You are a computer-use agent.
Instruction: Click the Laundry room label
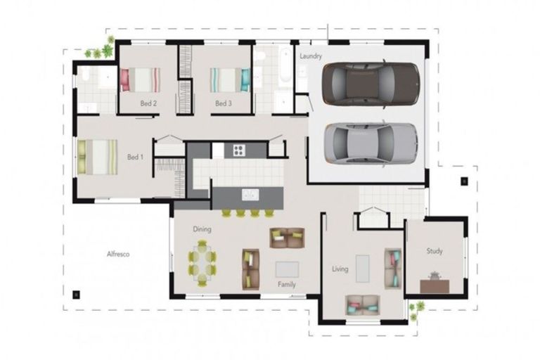pos(311,56)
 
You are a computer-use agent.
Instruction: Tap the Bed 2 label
pos(148,103)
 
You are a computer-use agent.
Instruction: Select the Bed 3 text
pos(223,103)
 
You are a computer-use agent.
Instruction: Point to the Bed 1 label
pos(135,157)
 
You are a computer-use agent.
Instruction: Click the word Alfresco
pos(118,255)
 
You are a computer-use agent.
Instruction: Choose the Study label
pos(435,251)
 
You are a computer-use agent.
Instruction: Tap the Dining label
pos(202,229)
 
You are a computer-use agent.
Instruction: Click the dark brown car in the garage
pos(371,84)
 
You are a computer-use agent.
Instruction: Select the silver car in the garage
pos(371,143)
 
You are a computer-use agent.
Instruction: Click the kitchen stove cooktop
pos(238,150)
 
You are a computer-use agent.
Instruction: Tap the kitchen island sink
pos(250,195)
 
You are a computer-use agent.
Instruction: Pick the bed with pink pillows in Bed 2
pos(141,79)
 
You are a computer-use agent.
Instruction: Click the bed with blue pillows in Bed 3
pos(230,80)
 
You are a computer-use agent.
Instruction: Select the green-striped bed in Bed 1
pos(98,157)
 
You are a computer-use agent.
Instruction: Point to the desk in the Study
pos(435,285)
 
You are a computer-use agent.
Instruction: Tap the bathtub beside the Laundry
pos(285,65)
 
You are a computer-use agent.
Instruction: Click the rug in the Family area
pos(287,269)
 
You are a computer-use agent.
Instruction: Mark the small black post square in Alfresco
pos(76,295)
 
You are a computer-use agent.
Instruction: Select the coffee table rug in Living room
pos(362,269)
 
